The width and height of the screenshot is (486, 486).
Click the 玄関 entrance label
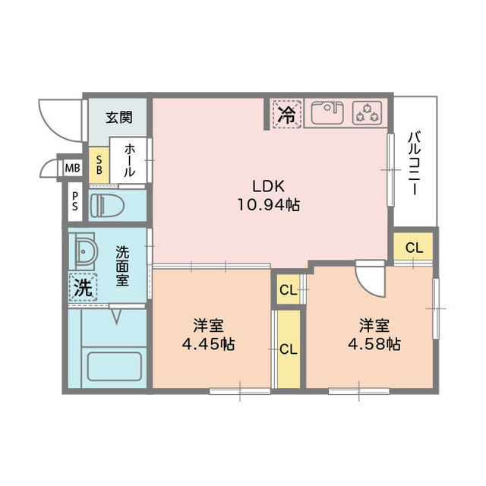[119, 118]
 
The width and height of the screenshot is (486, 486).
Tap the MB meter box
[72, 169]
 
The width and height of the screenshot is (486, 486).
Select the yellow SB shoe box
[99, 166]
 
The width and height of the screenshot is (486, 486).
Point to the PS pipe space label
[75, 201]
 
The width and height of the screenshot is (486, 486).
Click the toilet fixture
[107, 205]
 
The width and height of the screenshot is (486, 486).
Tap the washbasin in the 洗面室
[82, 251]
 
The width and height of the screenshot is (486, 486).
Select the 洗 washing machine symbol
[83, 287]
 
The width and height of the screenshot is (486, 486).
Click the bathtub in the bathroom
[114, 367]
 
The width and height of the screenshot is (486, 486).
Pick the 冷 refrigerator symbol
[287, 114]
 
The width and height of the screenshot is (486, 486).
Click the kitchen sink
[327, 112]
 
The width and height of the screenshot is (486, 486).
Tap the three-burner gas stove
[368, 113]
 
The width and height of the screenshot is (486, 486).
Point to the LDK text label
[268, 187]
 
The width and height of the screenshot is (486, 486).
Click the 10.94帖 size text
[268, 205]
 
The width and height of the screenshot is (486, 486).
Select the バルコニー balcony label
[415, 163]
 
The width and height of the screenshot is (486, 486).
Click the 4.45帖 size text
[208, 344]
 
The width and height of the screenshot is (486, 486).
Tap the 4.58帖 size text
[374, 344]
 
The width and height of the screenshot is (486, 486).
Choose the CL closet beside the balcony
[414, 248]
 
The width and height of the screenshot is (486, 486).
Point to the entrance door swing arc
[49, 127]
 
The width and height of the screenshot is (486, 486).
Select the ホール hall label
[130, 160]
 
